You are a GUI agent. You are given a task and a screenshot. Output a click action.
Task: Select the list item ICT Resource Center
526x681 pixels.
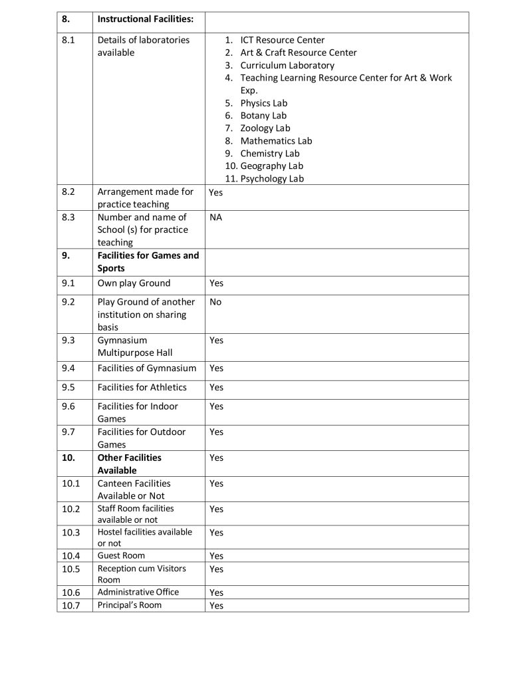click(x=282, y=40)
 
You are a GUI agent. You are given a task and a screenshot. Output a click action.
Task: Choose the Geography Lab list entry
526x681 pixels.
click(x=271, y=166)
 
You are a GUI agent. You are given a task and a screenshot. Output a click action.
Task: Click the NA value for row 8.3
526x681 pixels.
click(x=215, y=217)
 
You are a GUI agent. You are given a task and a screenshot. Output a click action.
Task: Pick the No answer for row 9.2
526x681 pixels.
click(x=215, y=302)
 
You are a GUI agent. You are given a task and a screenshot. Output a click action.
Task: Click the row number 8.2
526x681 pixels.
click(x=68, y=192)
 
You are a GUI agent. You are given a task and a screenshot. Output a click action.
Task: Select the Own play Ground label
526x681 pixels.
click(x=134, y=283)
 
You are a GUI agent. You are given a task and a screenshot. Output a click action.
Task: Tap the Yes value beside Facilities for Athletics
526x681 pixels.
click(x=216, y=388)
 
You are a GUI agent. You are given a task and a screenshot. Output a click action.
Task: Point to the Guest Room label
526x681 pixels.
click(x=121, y=555)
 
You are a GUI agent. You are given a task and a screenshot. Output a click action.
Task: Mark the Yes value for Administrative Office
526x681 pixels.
click(x=216, y=593)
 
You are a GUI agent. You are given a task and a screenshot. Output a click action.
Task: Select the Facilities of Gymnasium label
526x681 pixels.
click(x=147, y=368)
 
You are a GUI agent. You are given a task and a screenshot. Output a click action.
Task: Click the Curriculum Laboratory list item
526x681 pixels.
click(x=287, y=65)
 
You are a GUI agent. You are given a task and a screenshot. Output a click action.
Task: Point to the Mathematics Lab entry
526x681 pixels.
click(x=276, y=141)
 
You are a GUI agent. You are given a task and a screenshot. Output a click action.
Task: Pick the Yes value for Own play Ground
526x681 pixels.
click(x=216, y=283)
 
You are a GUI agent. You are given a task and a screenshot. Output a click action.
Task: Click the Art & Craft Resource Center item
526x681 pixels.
click(x=298, y=53)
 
